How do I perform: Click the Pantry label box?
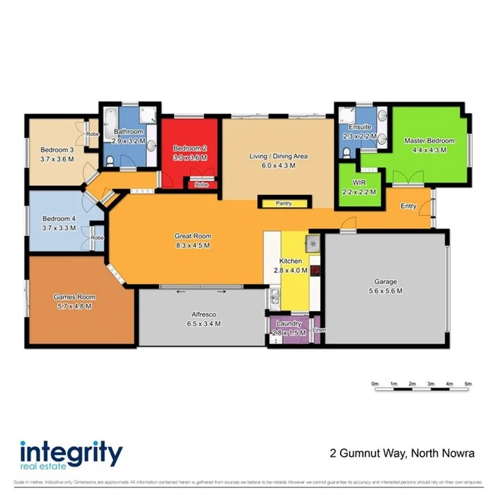[284, 203]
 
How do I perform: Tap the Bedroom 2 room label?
[189, 148]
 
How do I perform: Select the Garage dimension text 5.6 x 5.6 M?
[385, 291]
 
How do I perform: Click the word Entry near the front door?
[408, 206]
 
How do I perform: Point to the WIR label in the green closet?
[360, 183]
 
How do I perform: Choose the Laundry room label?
[289, 324]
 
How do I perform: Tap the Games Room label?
[74, 297]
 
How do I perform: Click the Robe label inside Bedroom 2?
[201, 185]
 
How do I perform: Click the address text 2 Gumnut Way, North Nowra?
[401, 453]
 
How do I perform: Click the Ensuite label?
[359, 127]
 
